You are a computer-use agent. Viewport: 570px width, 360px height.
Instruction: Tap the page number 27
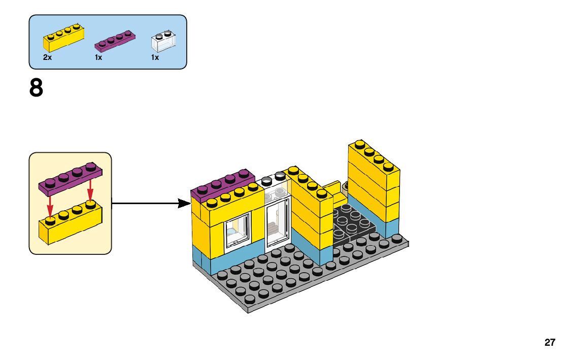[x=550, y=342]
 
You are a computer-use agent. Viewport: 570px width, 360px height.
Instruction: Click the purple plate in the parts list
[x=116, y=42]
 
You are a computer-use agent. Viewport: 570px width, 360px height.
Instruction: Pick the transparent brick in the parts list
[x=165, y=42]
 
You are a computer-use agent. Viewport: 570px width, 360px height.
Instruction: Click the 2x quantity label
[x=47, y=58]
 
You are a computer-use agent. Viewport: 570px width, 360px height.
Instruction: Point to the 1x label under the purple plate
[x=98, y=58]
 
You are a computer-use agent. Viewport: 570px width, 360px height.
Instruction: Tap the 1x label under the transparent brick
[x=155, y=58]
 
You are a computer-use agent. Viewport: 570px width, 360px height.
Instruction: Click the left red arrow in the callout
[x=50, y=208]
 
